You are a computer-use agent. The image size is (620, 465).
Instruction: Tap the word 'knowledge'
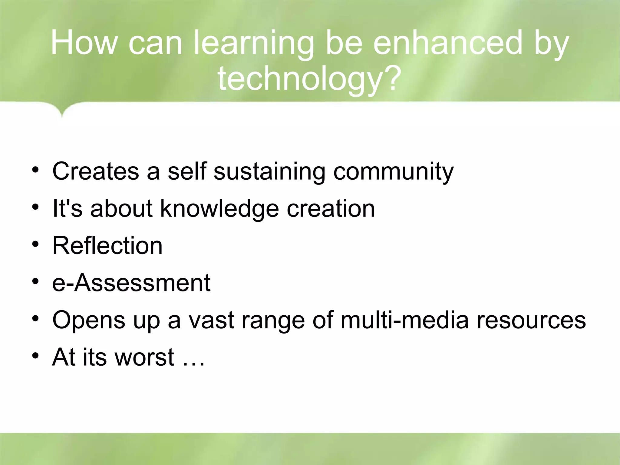(219, 209)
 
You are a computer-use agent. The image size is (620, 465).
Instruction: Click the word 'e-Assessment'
(131, 283)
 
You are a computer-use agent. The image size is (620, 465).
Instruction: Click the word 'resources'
(531, 320)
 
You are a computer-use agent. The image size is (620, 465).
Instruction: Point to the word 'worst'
(144, 357)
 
